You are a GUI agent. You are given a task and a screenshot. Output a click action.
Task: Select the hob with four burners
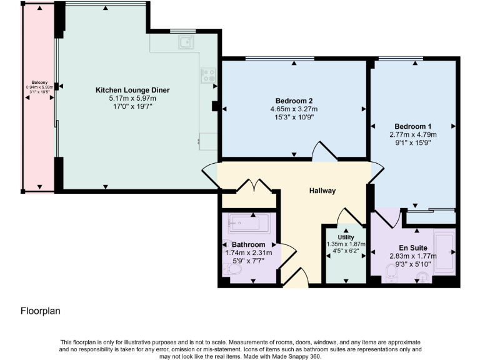[x=208, y=75]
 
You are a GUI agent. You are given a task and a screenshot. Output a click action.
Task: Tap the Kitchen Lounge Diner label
[x=132, y=90]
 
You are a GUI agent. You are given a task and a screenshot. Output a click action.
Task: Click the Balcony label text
[x=39, y=81]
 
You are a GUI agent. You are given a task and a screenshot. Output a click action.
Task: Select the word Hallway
[x=322, y=191]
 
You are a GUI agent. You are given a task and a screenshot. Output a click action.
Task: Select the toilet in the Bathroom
[x=233, y=269]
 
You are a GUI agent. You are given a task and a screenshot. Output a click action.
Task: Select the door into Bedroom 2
[x=323, y=152]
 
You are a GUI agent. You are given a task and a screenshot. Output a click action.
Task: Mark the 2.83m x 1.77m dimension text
[x=412, y=256]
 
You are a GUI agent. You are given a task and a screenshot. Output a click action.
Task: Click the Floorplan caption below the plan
[x=41, y=310]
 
